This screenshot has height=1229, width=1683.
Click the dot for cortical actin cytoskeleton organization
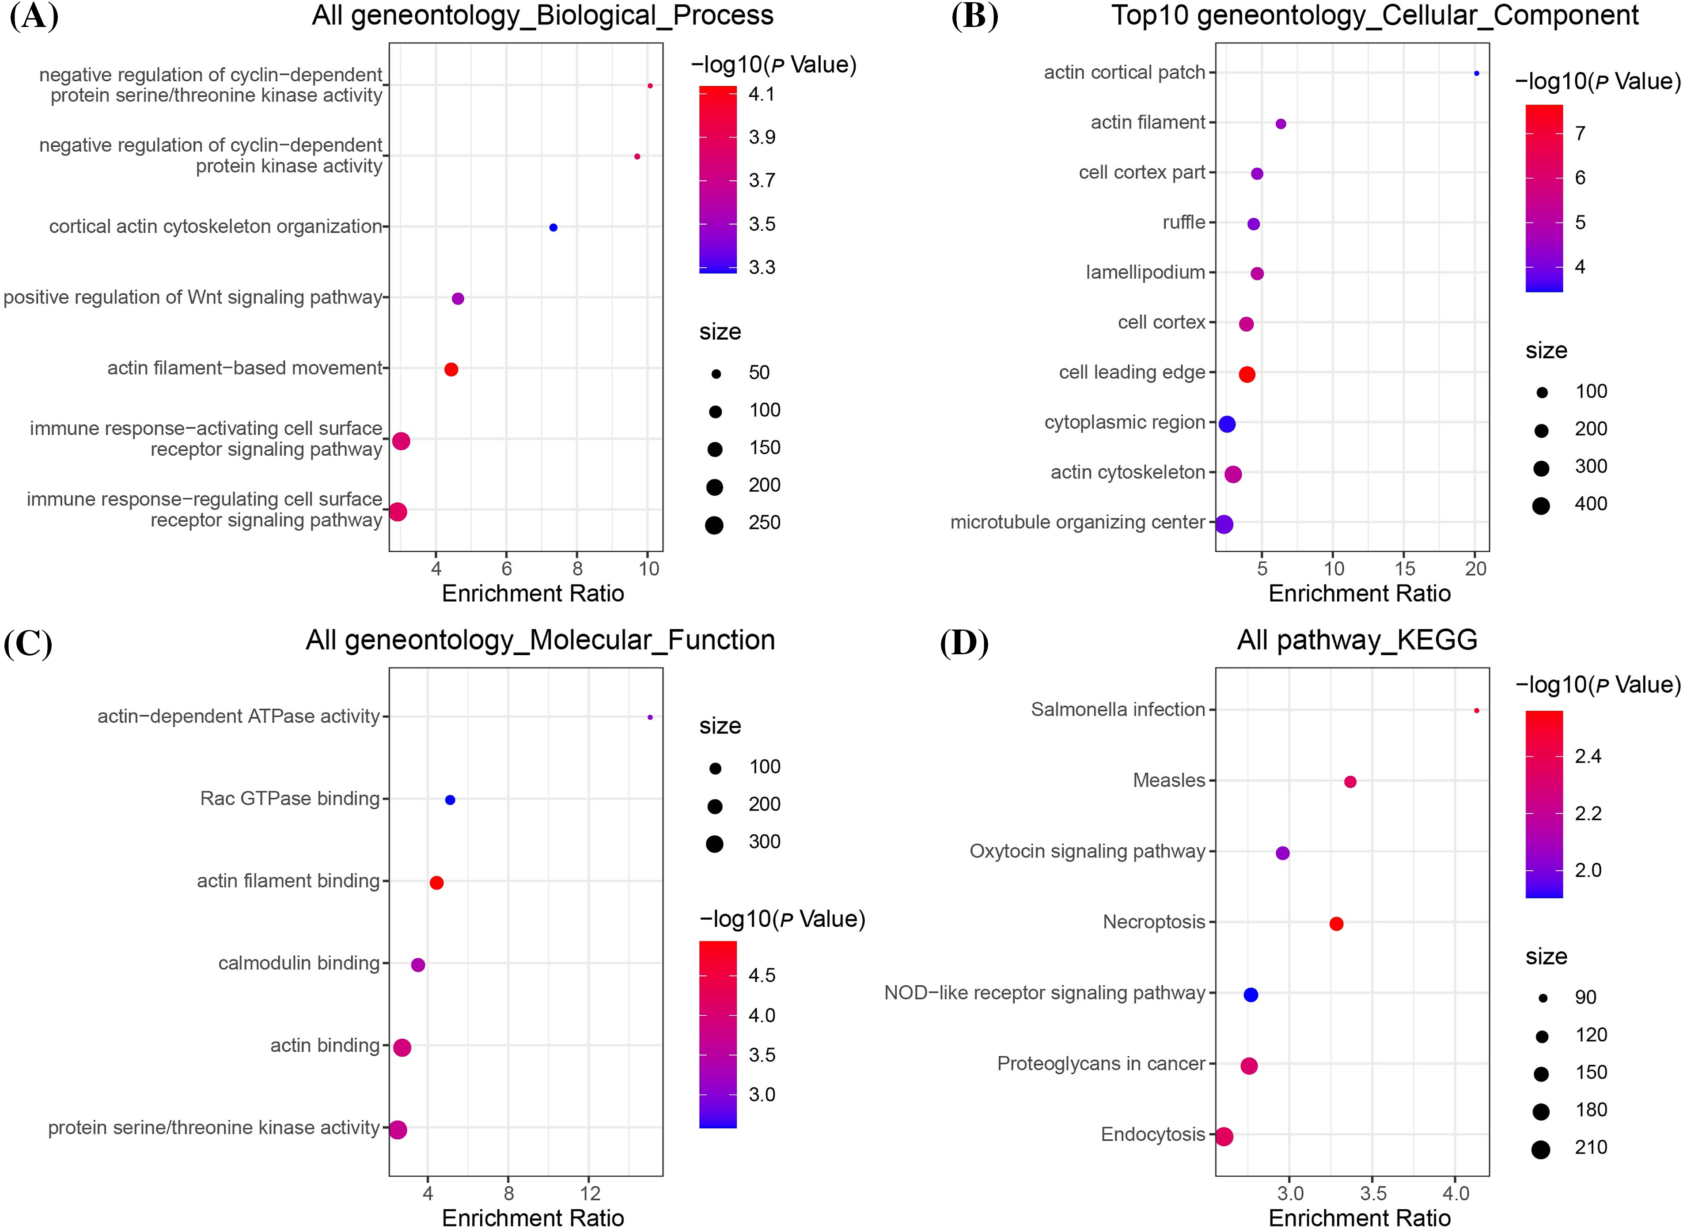click(553, 228)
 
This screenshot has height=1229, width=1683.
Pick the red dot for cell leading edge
click(1247, 374)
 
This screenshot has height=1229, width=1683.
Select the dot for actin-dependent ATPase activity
click(650, 717)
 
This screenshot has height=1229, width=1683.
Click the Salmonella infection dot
click(1476, 710)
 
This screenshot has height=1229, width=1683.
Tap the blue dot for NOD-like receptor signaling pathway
click(1251, 995)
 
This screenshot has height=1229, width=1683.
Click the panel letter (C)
click(28, 644)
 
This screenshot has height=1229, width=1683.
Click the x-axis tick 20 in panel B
click(1475, 569)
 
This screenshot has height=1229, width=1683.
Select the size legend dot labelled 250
click(715, 525)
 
